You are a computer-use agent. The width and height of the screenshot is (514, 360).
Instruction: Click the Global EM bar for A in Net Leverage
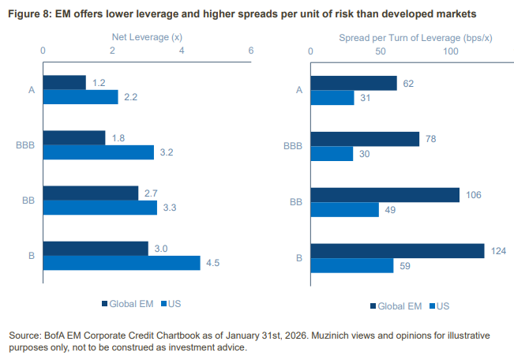point(65,82)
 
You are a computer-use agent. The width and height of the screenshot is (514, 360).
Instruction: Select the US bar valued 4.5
point(122,263)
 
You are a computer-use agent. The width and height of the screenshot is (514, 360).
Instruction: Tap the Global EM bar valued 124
point(397,250)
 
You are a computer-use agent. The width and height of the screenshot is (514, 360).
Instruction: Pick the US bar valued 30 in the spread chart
point(332,153)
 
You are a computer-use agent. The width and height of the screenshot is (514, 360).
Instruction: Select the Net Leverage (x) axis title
point(147,36)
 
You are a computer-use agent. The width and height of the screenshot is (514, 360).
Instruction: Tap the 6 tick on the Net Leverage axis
point(251,51)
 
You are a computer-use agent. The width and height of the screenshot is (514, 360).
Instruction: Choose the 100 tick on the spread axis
point(452,51)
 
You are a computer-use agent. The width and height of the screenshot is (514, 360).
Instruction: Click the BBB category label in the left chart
point(24,145)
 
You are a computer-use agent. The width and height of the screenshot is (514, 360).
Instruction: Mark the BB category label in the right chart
point(296,201)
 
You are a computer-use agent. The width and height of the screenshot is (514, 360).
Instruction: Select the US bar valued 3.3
point(100,208)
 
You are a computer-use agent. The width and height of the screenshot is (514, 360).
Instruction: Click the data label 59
point(404,265)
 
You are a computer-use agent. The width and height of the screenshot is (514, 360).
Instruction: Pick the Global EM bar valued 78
point(365,139)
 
